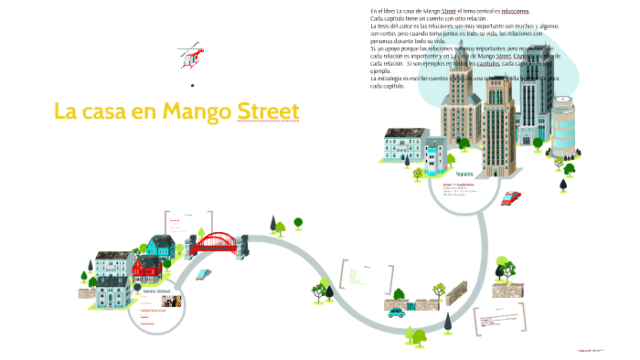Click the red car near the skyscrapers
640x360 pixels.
click(x=510, y=197)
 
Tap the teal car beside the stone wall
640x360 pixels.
click(x=396, y=312)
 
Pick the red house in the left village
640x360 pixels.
click(x=146, y=266)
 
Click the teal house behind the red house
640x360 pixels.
click(x=162, y=245)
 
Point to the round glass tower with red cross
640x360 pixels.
click(x=562, y=129)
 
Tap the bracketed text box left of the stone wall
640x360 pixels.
click(x=367, y=276)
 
